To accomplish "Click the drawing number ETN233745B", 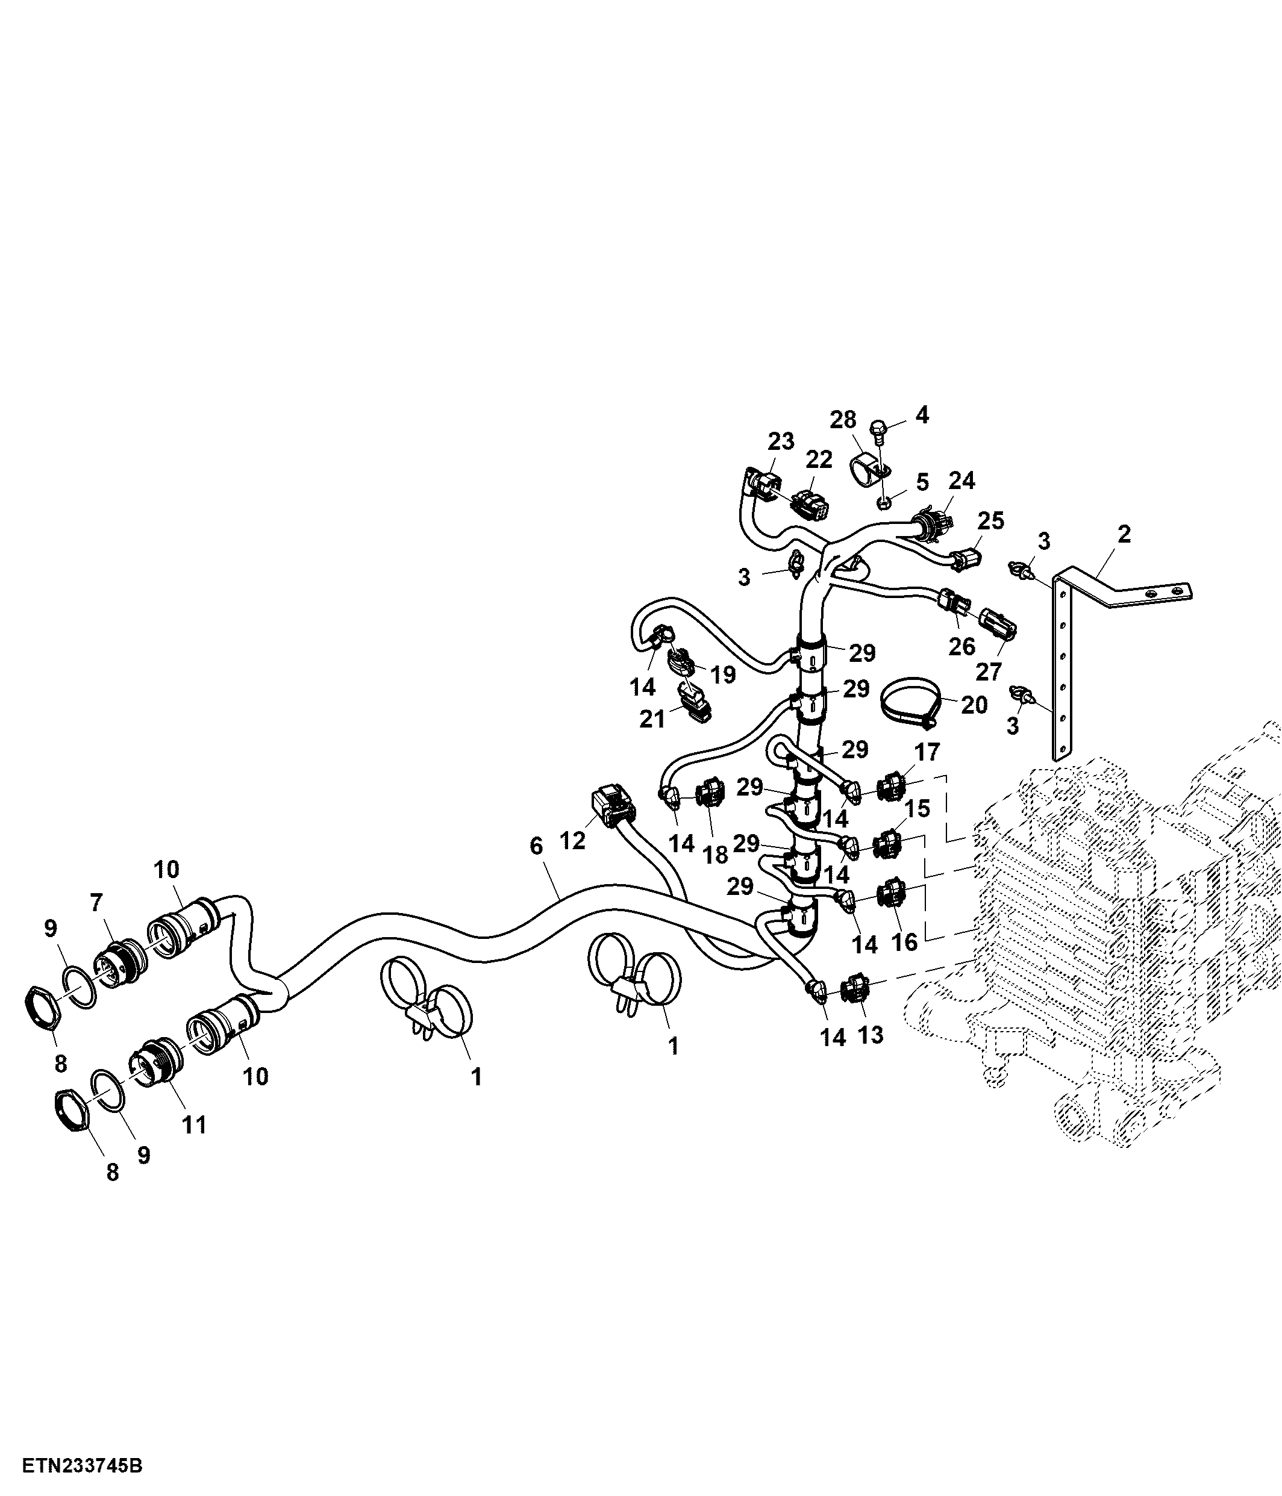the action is coord(81,1466).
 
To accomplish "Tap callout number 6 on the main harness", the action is coord(536,846).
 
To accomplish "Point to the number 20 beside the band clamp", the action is coord(974,704).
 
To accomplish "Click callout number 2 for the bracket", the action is coord(1123,535).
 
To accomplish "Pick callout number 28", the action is coord(843,420).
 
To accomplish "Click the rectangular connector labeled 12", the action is coord(613,806).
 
